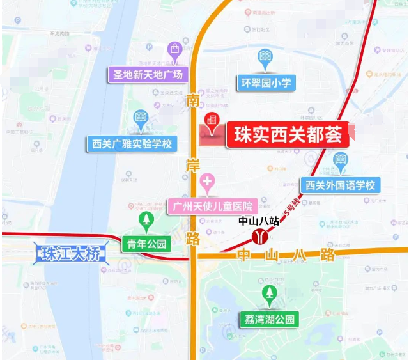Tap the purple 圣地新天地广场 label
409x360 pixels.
[x=146, y=75]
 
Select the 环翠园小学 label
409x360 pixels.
[x=265, y=82]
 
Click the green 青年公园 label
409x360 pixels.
[x=147, y=244]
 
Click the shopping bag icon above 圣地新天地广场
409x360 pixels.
[x=174, y=49]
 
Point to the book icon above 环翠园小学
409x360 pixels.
[x=265, y=58]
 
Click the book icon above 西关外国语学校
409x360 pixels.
[x=341, y=160]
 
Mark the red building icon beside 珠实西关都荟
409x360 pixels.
[x=212, y=121]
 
